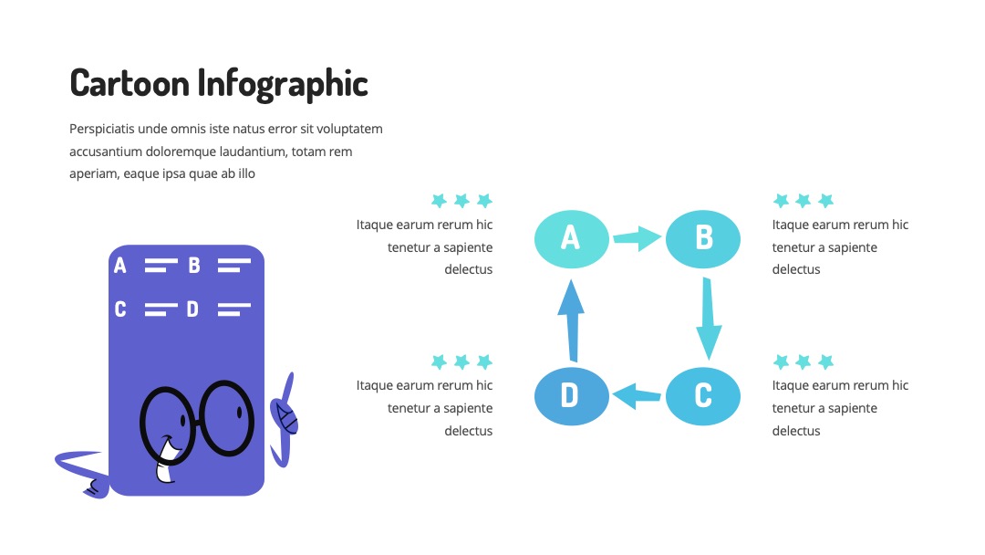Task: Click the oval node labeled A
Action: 572,239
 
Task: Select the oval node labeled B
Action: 703,239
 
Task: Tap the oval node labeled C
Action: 703,396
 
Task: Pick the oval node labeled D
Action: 572,396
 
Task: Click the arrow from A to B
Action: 637,238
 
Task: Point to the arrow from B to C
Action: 709,319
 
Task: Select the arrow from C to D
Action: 637,396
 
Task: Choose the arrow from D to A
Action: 572,320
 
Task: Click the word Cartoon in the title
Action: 130,83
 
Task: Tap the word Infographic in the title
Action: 283,84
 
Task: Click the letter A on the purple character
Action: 120,266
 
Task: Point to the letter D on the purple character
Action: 192,309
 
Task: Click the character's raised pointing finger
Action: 289,384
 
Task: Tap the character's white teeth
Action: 167,462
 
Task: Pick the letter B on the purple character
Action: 194,266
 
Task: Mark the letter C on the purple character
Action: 120,309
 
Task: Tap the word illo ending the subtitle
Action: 246,173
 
